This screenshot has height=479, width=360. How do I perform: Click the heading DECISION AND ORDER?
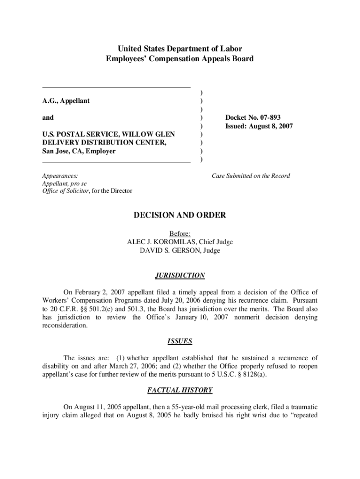pos(180,216)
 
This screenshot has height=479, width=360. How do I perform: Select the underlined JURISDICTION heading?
pos(180,276)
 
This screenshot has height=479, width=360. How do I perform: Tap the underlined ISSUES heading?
pos(180,341)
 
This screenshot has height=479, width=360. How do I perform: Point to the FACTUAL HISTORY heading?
pos(180,390)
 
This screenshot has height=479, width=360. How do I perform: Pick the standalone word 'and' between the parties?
pos(48,117)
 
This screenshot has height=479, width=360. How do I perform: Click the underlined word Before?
pos(180,233)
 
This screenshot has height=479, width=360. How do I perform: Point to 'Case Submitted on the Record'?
pos(251,176)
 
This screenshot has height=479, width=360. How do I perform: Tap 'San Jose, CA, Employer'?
pos(79,151)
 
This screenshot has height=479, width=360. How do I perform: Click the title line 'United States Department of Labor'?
pos(180,49)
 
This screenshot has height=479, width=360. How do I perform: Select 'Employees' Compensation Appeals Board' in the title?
pos(180,59)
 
